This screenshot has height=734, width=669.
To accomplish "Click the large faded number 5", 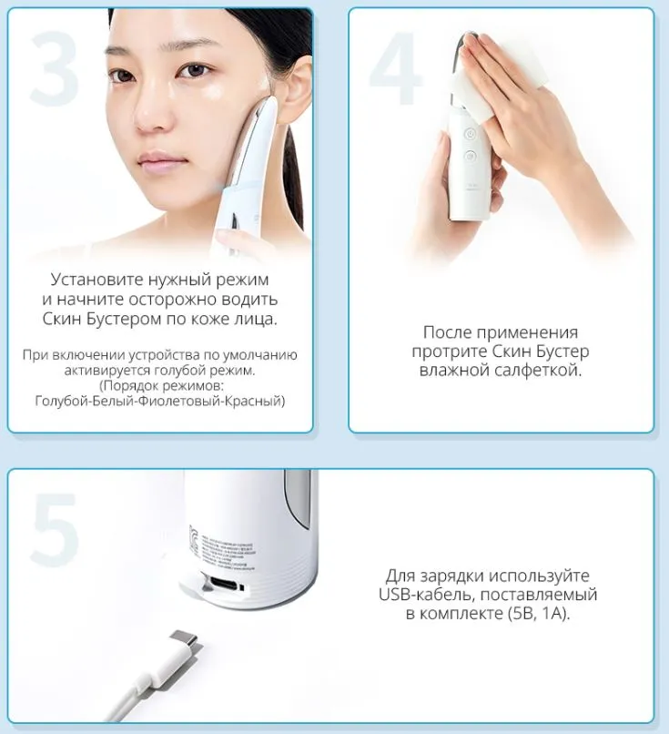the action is pyautogui.click(x=55, y=529).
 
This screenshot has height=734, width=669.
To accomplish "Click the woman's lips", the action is pyautogui.click(x=157, y=164).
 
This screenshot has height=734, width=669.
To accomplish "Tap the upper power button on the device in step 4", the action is pyautogui.click(x=470, y=135).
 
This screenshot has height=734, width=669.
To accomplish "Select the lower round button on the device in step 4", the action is pyautogui.click(x=470, y=156).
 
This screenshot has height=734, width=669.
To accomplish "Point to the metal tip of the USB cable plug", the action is pyautogui.click(x=185, y=638).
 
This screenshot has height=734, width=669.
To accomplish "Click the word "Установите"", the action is pyautogui.click(x=96, y=280).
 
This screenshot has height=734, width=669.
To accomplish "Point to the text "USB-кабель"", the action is pyautogui.click(x=426, y=595).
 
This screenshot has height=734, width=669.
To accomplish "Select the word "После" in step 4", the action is pyautogui.click(x=444, y=332).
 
